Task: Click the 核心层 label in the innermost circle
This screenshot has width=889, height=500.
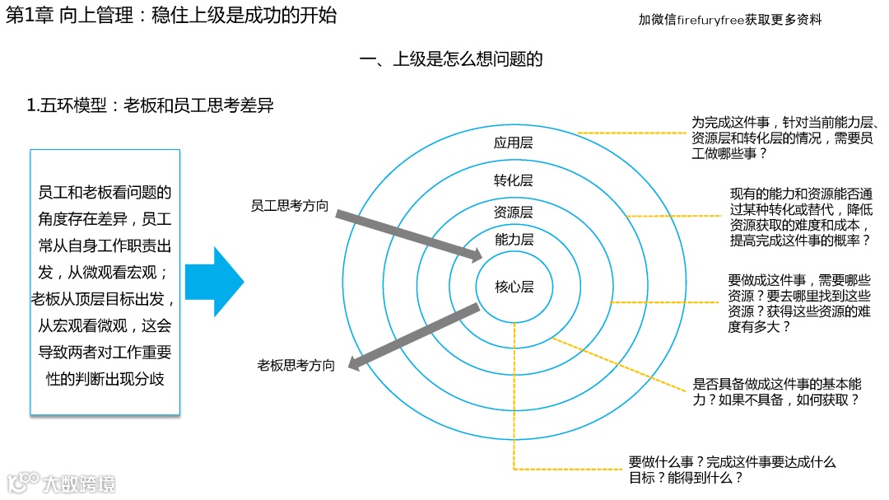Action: (x=514, y=287)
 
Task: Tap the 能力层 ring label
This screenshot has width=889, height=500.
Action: (x=514, y=240)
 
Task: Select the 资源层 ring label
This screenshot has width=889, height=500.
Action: (x=514, y=213)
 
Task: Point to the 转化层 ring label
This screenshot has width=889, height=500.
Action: (x=514, y=180)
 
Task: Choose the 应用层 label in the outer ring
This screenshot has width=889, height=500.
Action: (x=514, y=143)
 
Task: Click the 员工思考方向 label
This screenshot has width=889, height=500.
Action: (x=290, y=206)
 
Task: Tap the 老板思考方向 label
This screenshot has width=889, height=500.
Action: (x=296, y=365)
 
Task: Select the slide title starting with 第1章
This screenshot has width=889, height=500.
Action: (x=171, y=16)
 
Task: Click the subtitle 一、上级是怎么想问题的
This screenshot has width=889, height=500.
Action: (x=451, y=59)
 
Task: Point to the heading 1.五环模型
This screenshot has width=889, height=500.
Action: (x=150, y=105)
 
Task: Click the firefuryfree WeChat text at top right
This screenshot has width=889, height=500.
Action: (x=729, y=20)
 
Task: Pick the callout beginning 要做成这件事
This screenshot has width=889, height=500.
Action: (x=799, y=303)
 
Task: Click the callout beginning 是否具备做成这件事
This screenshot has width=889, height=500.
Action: (x=778, y=392)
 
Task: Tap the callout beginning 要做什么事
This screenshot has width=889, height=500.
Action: (x=732, y=470)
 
